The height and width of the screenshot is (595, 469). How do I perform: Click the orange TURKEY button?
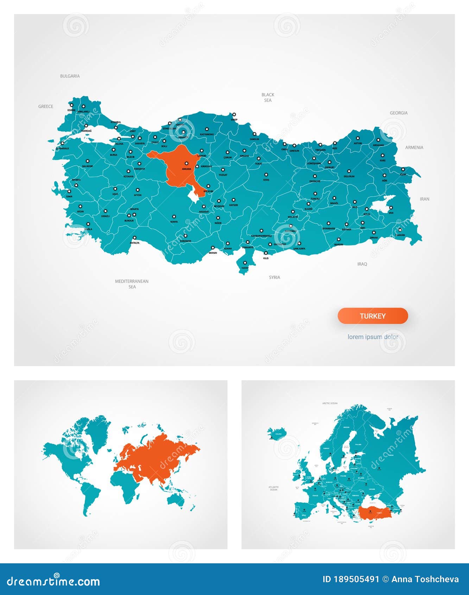[x=373, y=316]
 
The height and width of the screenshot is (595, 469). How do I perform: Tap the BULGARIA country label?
[x=70, y=76]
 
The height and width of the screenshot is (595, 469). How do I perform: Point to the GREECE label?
[x=46, y=106]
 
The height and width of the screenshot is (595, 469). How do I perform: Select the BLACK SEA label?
[x=268, y=98]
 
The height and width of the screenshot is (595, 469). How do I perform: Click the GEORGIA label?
[x=398, y=113]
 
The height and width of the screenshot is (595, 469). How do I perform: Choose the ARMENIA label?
[x=414, y=148]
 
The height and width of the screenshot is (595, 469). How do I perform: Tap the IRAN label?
[x=424, y=199]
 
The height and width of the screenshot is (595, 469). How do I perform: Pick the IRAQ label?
[x=362, y=264]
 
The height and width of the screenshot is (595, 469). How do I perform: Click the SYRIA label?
[x=274, y=277]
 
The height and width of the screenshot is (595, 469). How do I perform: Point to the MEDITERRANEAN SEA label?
[x=132, y=284]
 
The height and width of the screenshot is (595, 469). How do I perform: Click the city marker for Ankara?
[x=186, y=163]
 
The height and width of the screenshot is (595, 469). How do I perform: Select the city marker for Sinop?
[x=234, y=114]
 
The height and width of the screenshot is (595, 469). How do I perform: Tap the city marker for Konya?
[x=174, y=217]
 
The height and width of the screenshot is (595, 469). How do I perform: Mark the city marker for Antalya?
[x=134, y=238]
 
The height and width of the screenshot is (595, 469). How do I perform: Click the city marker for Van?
[x=391, y=208]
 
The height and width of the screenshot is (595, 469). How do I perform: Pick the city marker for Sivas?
[x=266, y=175]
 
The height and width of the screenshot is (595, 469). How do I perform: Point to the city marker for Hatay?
[x=245, y=263]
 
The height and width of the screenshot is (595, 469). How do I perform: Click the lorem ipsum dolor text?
[x=373, y=337]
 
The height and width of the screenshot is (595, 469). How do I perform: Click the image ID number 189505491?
[x=356, y=579]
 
